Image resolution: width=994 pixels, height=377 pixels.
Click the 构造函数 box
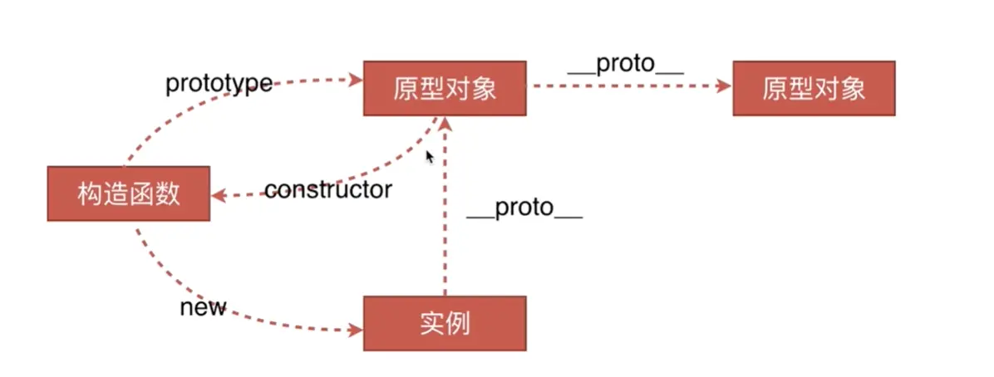tap(128, 193)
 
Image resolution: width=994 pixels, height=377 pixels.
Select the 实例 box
tap(445, 322)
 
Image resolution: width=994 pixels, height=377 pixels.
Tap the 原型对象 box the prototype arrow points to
tap(445, 88)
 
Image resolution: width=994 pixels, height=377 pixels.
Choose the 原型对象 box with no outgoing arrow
tap(814, 88)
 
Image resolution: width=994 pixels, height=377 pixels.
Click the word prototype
tap(219, 83)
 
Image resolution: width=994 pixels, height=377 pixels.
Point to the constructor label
tap(327, 190)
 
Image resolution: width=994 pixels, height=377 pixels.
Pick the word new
tap(203, 307)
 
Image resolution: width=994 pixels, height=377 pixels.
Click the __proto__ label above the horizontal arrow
tap(625, 66)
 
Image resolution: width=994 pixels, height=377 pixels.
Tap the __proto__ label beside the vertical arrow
tap(524, 208)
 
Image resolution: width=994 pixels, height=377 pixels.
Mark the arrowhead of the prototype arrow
tap(357, 80)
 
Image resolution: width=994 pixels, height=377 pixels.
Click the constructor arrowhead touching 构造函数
tap(219, 196)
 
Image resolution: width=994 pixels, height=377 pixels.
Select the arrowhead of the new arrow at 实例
tap(357, 330)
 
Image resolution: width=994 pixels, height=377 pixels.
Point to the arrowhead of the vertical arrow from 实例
tap(445, 123)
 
